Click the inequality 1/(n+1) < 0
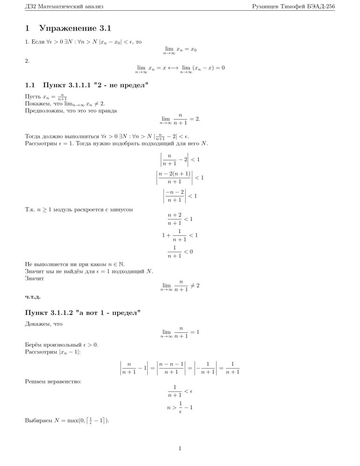pos(180,252)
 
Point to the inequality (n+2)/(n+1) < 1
pos(180,219)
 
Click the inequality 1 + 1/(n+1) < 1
pos(180,235)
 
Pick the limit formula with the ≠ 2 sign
pos(180,285)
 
